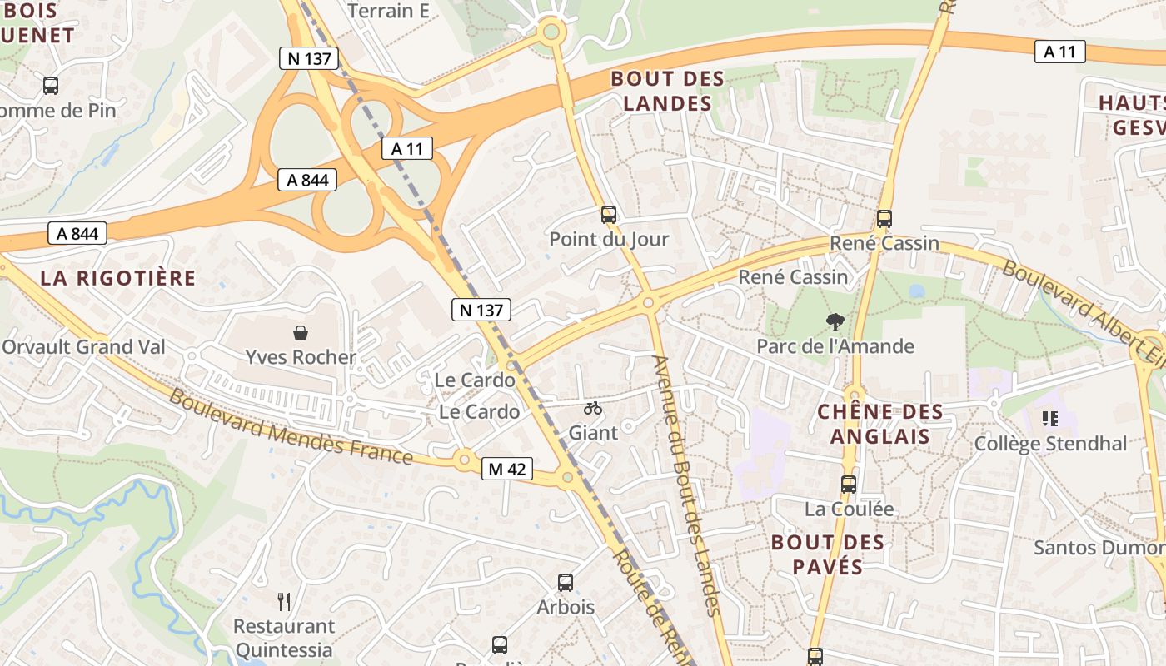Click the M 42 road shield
(x=506, y=469)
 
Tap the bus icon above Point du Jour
(x=609, y=215)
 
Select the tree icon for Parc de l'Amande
(x=835, y=322)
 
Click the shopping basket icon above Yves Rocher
(x=301, y=333)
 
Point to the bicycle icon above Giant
(x=593, y=408)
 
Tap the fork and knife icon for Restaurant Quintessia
(x=284, y=601)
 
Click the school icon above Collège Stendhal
(x=1049, y=419)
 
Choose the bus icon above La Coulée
(x=848, y=484)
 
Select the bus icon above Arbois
(x=566, y=583)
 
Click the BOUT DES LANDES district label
(x=668, y=91)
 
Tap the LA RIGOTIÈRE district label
(x=117, y=278)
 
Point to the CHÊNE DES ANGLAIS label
(x=880, y=424)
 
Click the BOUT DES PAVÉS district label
(x=828, y=554)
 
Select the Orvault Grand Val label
(x=83, y=347)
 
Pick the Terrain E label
(x=388, y=11)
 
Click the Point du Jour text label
(x=609, y=240)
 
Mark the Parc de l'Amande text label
(x=835, y=346)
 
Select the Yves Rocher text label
(x=301, y=357)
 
